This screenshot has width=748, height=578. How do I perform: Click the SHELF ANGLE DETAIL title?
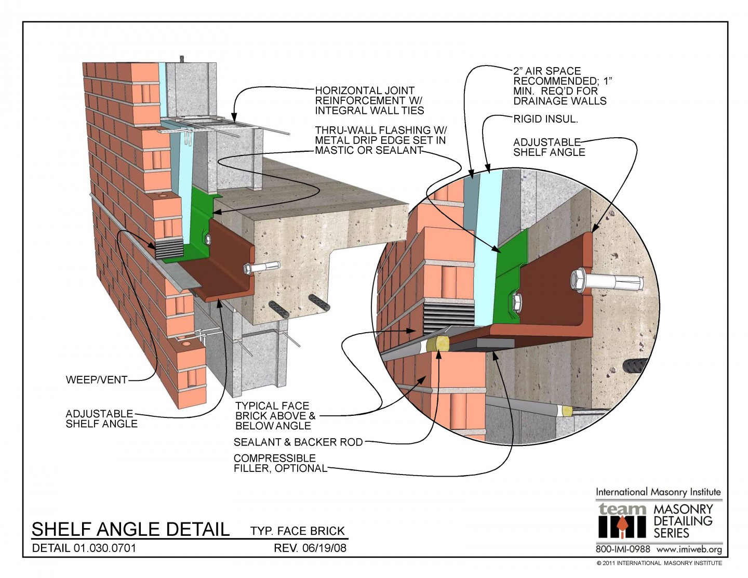[130, 529]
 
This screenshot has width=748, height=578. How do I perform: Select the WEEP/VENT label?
[97, 380]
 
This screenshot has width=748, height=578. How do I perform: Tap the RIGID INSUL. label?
[545, 119]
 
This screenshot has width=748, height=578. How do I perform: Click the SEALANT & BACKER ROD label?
[298, 442]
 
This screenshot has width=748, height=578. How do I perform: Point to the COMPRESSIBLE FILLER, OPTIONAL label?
[280, 463]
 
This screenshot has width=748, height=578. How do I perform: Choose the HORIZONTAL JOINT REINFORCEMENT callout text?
[369, 100]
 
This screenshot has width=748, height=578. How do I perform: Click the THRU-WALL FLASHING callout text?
[380, 140]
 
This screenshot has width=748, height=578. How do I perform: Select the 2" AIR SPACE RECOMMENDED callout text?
[563, 86]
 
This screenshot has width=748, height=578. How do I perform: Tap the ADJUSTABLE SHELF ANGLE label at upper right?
[549, 147]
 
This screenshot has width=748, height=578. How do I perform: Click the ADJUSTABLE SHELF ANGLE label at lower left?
[101, 418]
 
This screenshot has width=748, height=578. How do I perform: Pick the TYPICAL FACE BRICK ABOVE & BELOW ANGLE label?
[275, 416]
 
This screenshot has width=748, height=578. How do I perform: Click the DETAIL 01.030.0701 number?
[84, 548]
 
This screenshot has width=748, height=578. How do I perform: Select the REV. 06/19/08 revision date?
[310, 548]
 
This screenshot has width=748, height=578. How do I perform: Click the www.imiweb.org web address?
[689, 549]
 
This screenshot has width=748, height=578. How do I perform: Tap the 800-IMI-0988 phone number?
[622, 549]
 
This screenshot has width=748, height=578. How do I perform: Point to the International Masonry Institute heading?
[658, 492]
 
